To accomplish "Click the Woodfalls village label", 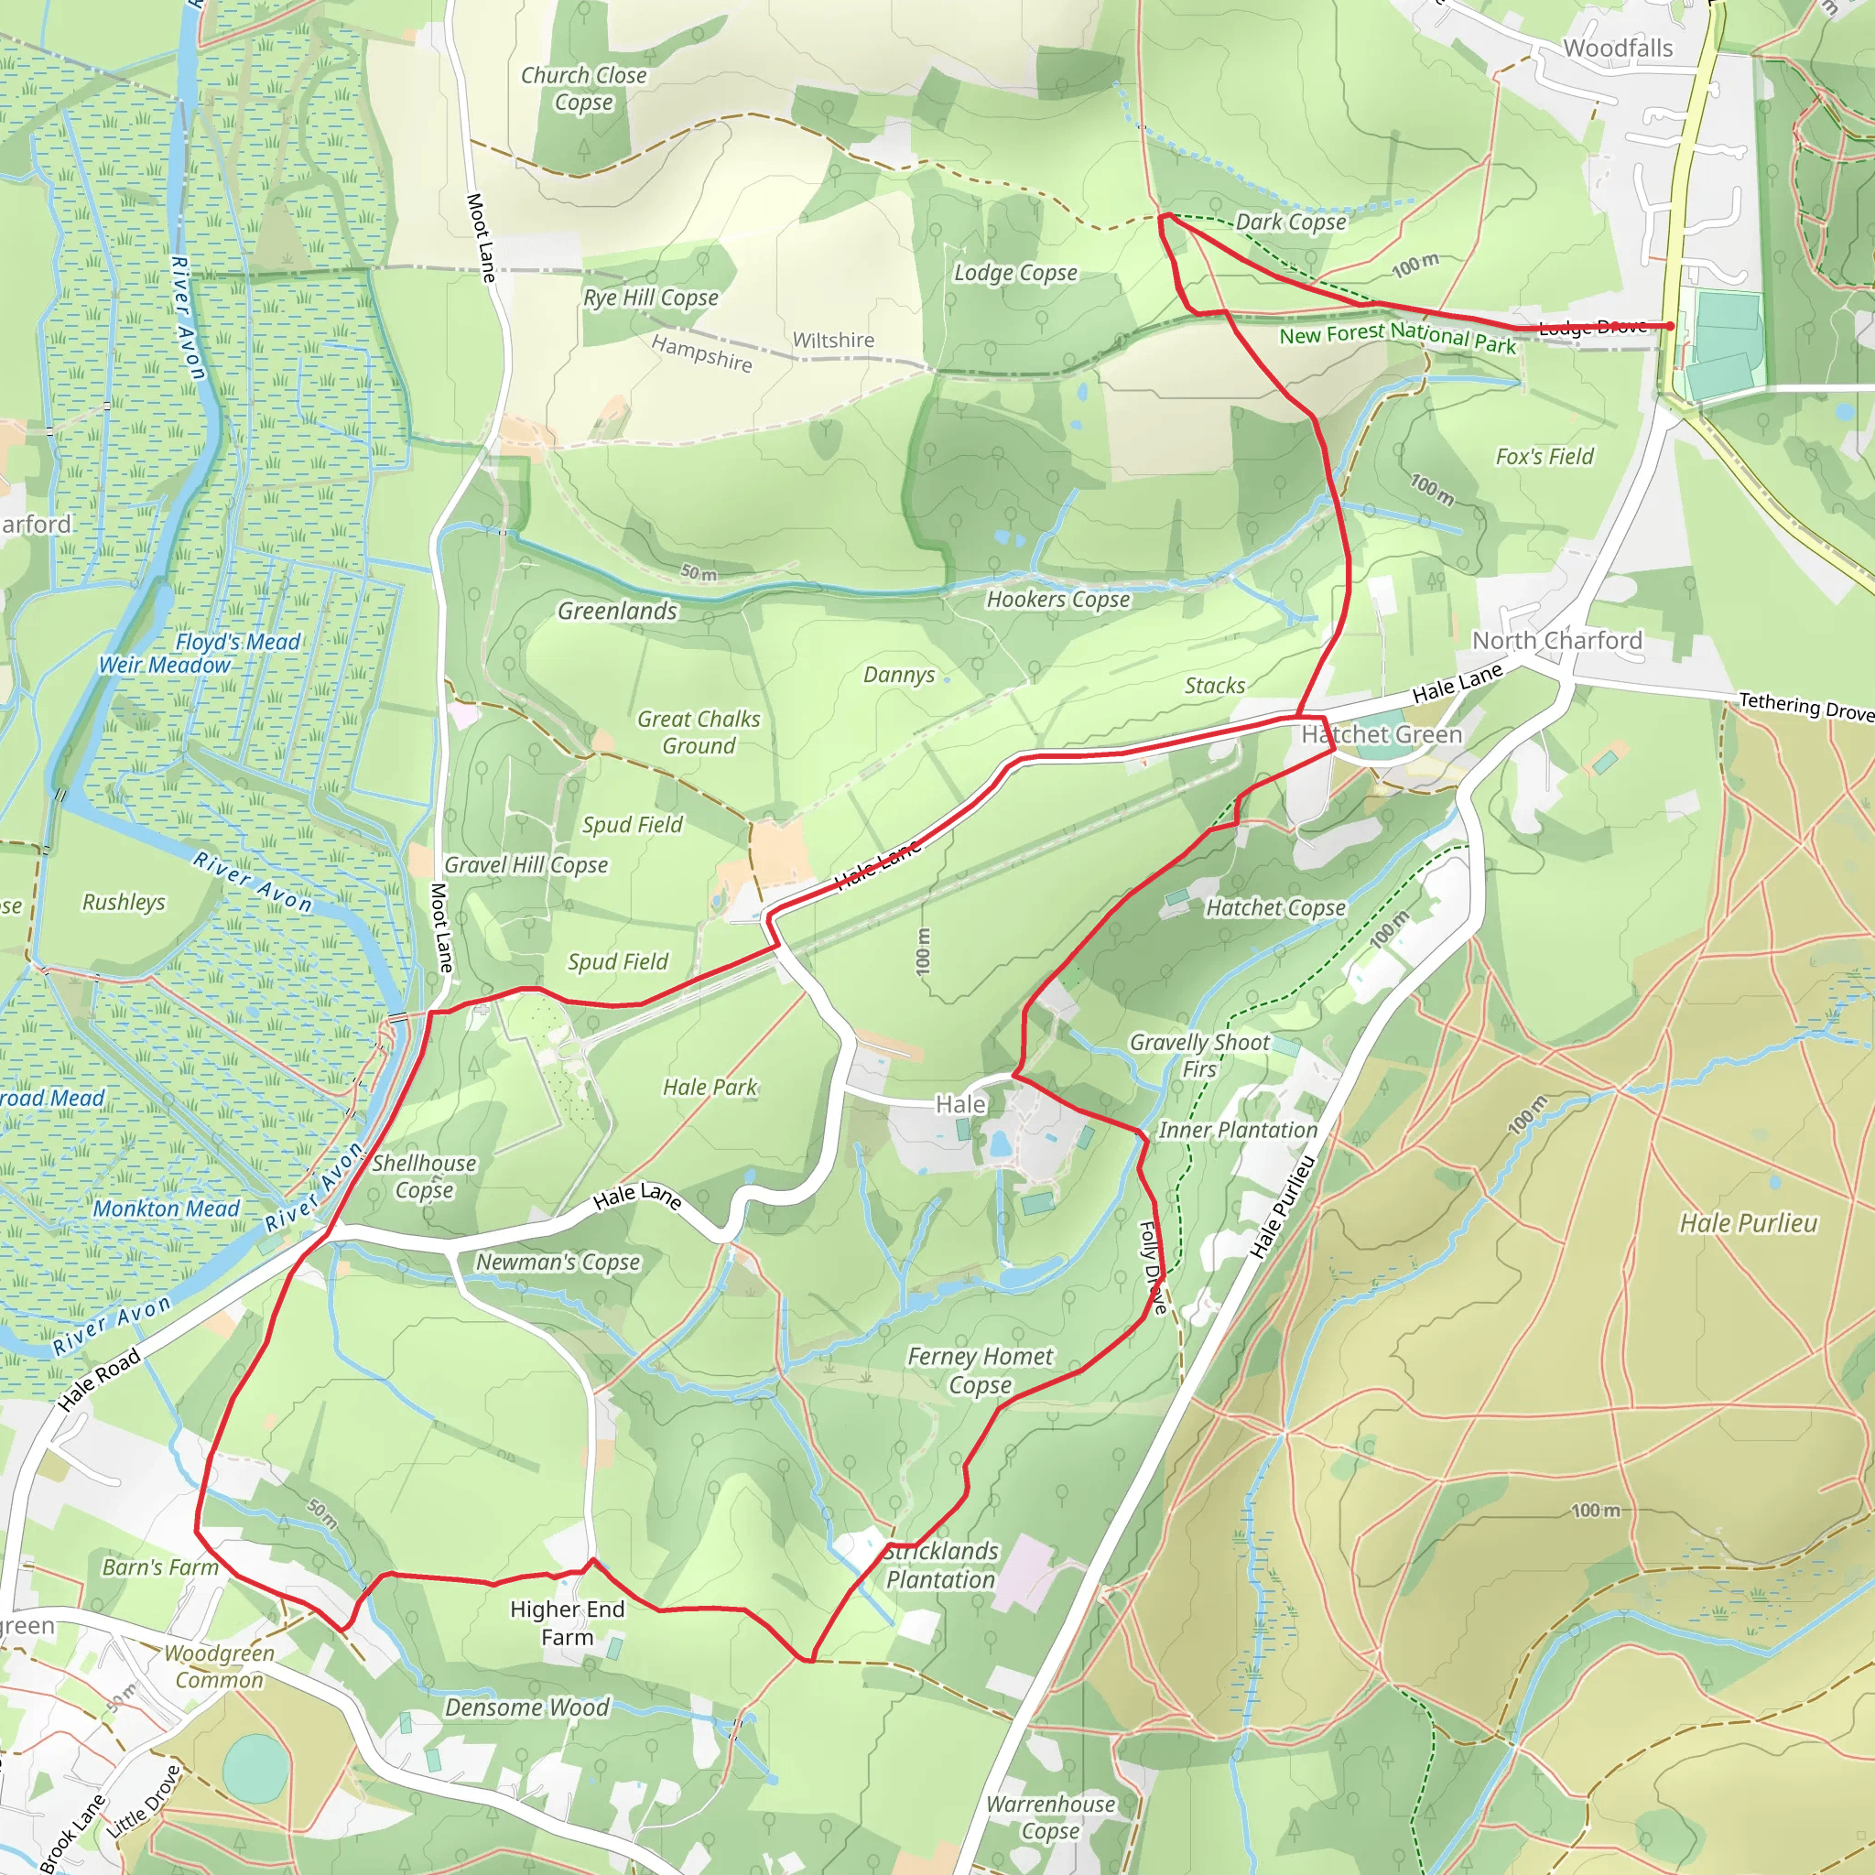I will [1618, 49].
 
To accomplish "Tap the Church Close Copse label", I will [583, 88].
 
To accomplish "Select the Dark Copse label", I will [1290, 222].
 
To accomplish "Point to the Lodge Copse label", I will [1015, 273].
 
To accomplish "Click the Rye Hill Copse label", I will [650, 298].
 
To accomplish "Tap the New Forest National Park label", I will [1396, 337].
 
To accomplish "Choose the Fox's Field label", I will [1544, 456].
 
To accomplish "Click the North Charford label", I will [1556, 641].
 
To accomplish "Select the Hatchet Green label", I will [1381, 734].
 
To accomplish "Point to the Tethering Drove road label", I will [1805, 706].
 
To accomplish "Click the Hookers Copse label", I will [1057, 600].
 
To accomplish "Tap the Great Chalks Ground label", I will [699, 732].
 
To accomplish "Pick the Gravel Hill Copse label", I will [526, 864].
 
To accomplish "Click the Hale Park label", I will [710, 1087].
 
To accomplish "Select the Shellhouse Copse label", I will [424, 1176].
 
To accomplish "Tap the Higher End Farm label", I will [567, 1622].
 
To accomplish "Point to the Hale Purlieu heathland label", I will [1748, 1223].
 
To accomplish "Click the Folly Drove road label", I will [1152, 1266].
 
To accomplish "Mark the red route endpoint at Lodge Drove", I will [1669, 326].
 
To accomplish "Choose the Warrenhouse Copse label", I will [1050, 1816].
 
